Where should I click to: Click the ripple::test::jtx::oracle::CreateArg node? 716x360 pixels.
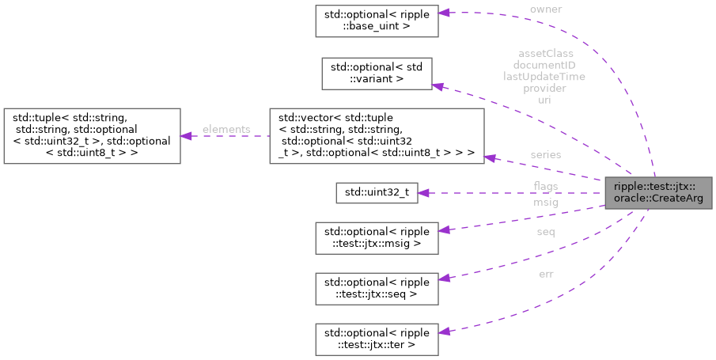pyautogui.click(x=656, y=192)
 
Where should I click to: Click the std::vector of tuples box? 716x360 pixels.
pyautogui.click(x=377, y=136)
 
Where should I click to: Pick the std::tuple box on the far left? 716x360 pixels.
pyautogui.click(x=92, y=136)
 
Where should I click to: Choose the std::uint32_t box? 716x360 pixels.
pyautogui.click(x=377, y=192)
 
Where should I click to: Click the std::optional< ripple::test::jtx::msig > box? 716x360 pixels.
pyautogui.click(x=377, y=238)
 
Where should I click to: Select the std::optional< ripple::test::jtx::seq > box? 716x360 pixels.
pyautogui.click(x=377, y=288)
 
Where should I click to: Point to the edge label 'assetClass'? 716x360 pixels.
pyautogui.click(x=545, y=54)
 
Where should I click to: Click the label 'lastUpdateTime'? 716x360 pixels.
pyautogui.click(x=545, y=77)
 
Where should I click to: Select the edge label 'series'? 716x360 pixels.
pyautogui.click(x=545, y=154)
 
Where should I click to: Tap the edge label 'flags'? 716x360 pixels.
pyautogui.click(x=545, y=186)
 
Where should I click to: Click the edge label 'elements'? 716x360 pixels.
pyautogui.click(x=225, y=129)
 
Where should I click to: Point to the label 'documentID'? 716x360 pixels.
pyautogui.click(x=545, y=65)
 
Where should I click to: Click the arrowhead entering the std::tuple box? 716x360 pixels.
pyautogui.click(x=187, y=136)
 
